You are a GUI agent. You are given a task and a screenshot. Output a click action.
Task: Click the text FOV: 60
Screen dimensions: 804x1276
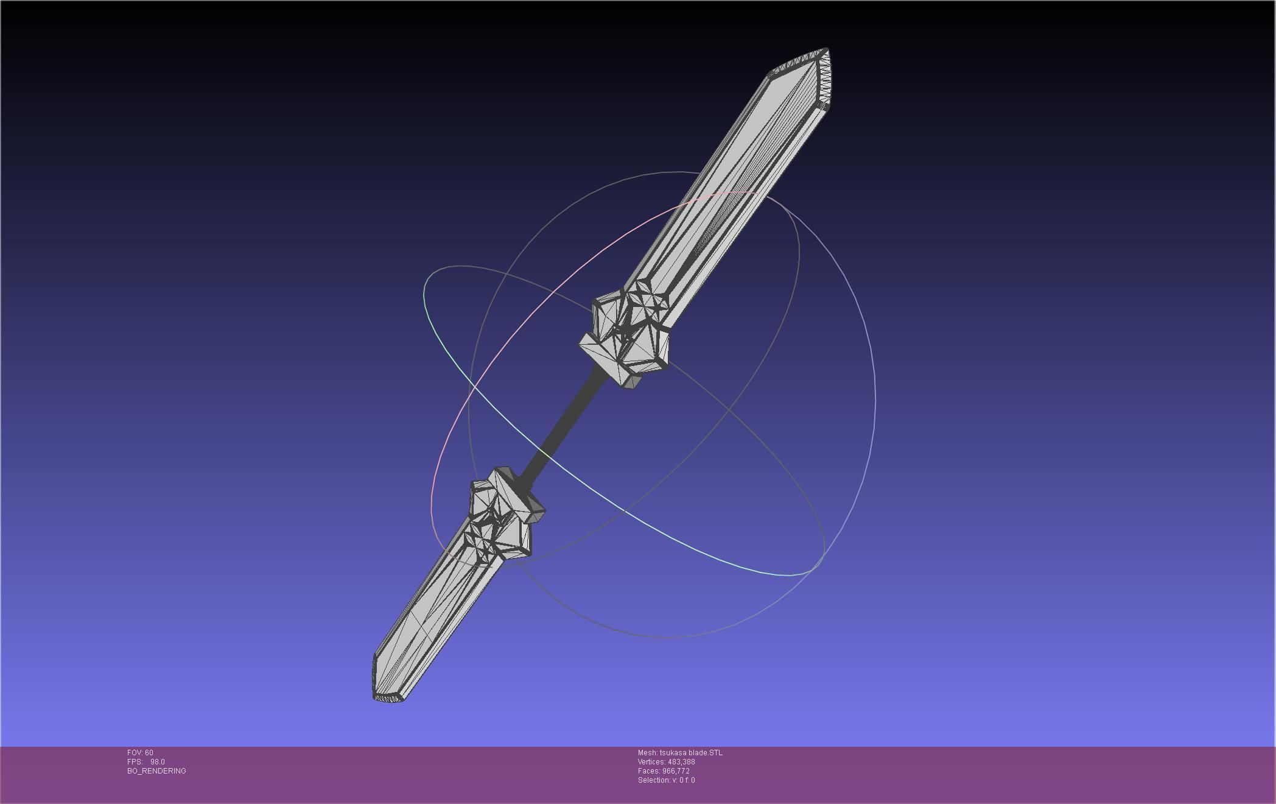[x=140, y=753]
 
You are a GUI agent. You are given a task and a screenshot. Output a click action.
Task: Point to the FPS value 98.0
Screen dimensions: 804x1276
[x=158, y=762]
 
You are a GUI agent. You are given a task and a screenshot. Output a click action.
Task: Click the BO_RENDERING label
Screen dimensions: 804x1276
[x=156, y=771]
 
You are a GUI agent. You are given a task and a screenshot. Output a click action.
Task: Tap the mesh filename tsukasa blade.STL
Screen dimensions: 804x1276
[x=691, y=753]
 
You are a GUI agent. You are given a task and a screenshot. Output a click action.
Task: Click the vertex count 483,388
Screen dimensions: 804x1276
[x=681, y=762]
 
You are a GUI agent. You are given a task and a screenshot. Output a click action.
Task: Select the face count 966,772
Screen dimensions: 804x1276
[x=676, y=771]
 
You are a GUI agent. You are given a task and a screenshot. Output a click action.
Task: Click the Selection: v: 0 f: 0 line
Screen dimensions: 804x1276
[x=666, y=780]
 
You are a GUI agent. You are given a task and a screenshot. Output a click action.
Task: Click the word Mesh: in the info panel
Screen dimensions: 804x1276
[x=647, y=753]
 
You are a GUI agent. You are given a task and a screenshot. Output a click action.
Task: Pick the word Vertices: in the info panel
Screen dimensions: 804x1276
[x=651, y=762]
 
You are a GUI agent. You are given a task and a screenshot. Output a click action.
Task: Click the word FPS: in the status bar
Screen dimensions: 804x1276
[x=135, y=762]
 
